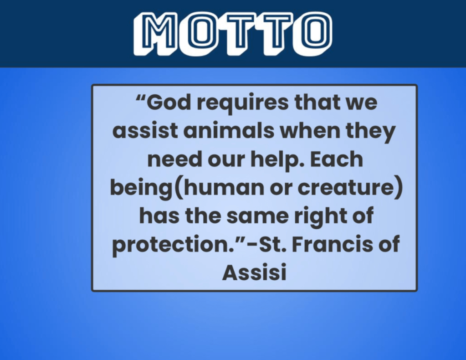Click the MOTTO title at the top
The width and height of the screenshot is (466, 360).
pos(233,34)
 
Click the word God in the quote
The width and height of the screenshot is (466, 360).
pos(168,102)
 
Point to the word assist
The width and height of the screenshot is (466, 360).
pos(145,131)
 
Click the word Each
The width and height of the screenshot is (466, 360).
pos(337,159)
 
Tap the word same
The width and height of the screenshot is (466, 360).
pos(257,216)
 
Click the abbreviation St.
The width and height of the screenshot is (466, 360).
pos(273,244)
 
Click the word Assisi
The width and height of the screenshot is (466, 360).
pos(254,273)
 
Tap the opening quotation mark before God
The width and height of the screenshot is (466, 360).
pos(141,98)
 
